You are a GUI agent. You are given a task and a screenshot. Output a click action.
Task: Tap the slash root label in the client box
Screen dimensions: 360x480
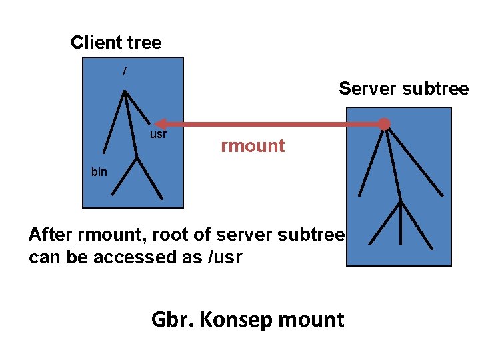click(x=124, y=71)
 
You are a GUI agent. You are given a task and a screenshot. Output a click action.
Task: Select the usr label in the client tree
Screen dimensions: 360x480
click(x=158, y=135)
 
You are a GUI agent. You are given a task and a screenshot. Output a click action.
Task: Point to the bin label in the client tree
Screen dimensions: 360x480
click(x=99, y=172)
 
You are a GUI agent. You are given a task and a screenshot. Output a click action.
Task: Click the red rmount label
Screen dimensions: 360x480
click(x=253, y=146)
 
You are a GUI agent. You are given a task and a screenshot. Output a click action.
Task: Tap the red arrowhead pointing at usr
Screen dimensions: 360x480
click(x=160, y=124)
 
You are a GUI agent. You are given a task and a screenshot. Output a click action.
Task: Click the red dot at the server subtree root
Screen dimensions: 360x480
click(x=384, y=124)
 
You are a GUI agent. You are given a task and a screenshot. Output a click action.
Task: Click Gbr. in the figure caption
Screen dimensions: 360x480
click(x=173, y=320)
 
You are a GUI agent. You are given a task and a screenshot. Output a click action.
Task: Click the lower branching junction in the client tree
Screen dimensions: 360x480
click(x=137, y=159)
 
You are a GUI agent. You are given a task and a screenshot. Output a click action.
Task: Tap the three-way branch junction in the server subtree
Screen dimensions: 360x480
click(x=400, y=201)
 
